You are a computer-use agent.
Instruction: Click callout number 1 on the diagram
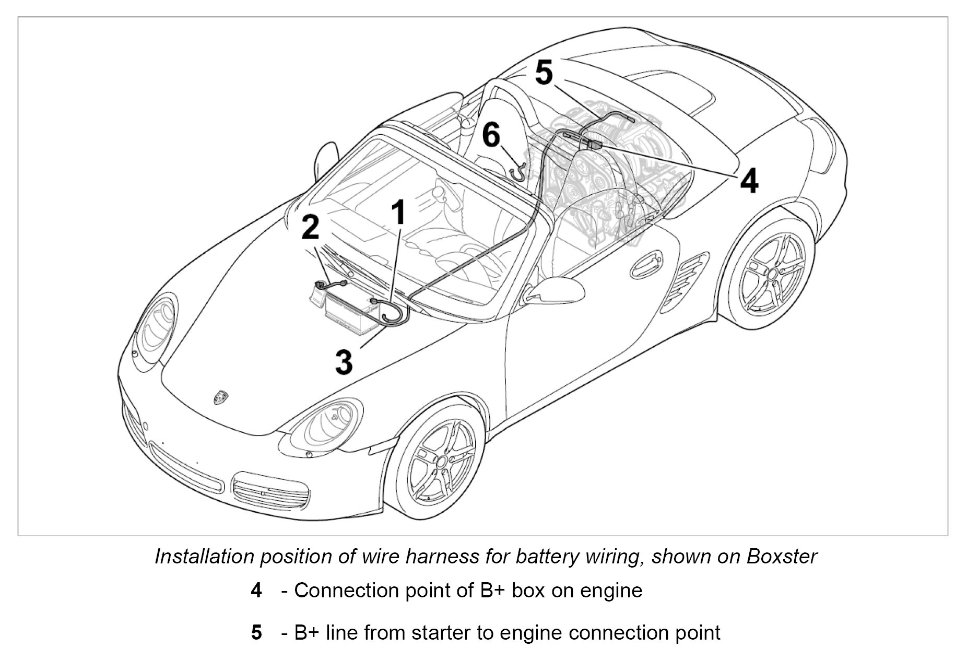(x=398, y=213)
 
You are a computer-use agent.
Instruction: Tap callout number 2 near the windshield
(x=310, y=227)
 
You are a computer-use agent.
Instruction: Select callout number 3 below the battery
(x=344, y=361)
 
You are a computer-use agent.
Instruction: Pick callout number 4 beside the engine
(x=749, y=181)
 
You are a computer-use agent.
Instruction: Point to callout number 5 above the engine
(x=544, y=73)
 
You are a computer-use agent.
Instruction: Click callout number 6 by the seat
(x=491, y=135)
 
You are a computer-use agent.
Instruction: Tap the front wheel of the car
(x=441, y=461)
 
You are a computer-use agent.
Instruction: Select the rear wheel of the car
(x=770, y=273)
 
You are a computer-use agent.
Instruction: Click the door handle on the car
(x=646, y=264)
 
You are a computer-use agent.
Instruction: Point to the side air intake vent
(x=684, y=282)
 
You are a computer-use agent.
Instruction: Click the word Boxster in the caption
(x=782, y=557)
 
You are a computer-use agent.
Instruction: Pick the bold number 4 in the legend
(x=256, y=591)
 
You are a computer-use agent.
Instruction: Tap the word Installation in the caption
(x=202, y=557)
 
